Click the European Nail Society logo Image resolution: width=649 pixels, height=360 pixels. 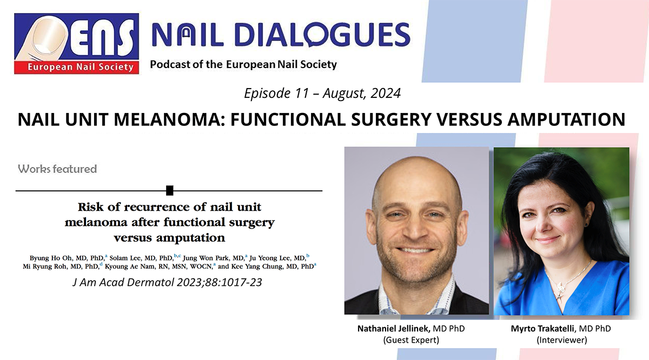76,43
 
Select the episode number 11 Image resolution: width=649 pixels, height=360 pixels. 301,94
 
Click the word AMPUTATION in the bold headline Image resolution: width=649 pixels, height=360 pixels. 566,119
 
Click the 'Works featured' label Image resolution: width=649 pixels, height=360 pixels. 57,169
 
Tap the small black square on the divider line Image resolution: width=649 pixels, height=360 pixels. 170,191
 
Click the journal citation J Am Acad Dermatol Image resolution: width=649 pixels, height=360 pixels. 123,282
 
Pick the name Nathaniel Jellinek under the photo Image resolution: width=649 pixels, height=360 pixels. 394,329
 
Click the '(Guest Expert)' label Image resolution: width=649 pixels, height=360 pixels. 411,339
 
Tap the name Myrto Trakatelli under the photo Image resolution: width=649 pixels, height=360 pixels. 542,329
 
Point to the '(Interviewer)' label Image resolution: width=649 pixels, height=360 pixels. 562,339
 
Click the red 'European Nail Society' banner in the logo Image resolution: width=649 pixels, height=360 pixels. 76,67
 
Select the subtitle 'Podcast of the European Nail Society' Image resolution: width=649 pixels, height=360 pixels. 243,64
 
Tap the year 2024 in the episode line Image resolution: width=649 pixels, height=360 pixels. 386,94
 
